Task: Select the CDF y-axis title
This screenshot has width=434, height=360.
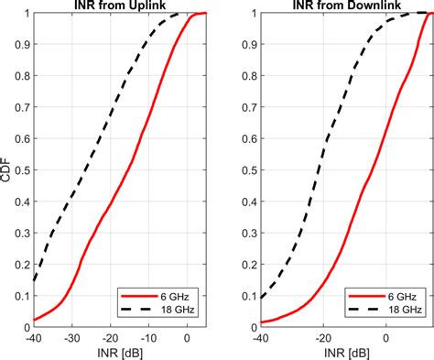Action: pos(6,169)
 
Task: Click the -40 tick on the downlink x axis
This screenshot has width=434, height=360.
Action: pos(260,337)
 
